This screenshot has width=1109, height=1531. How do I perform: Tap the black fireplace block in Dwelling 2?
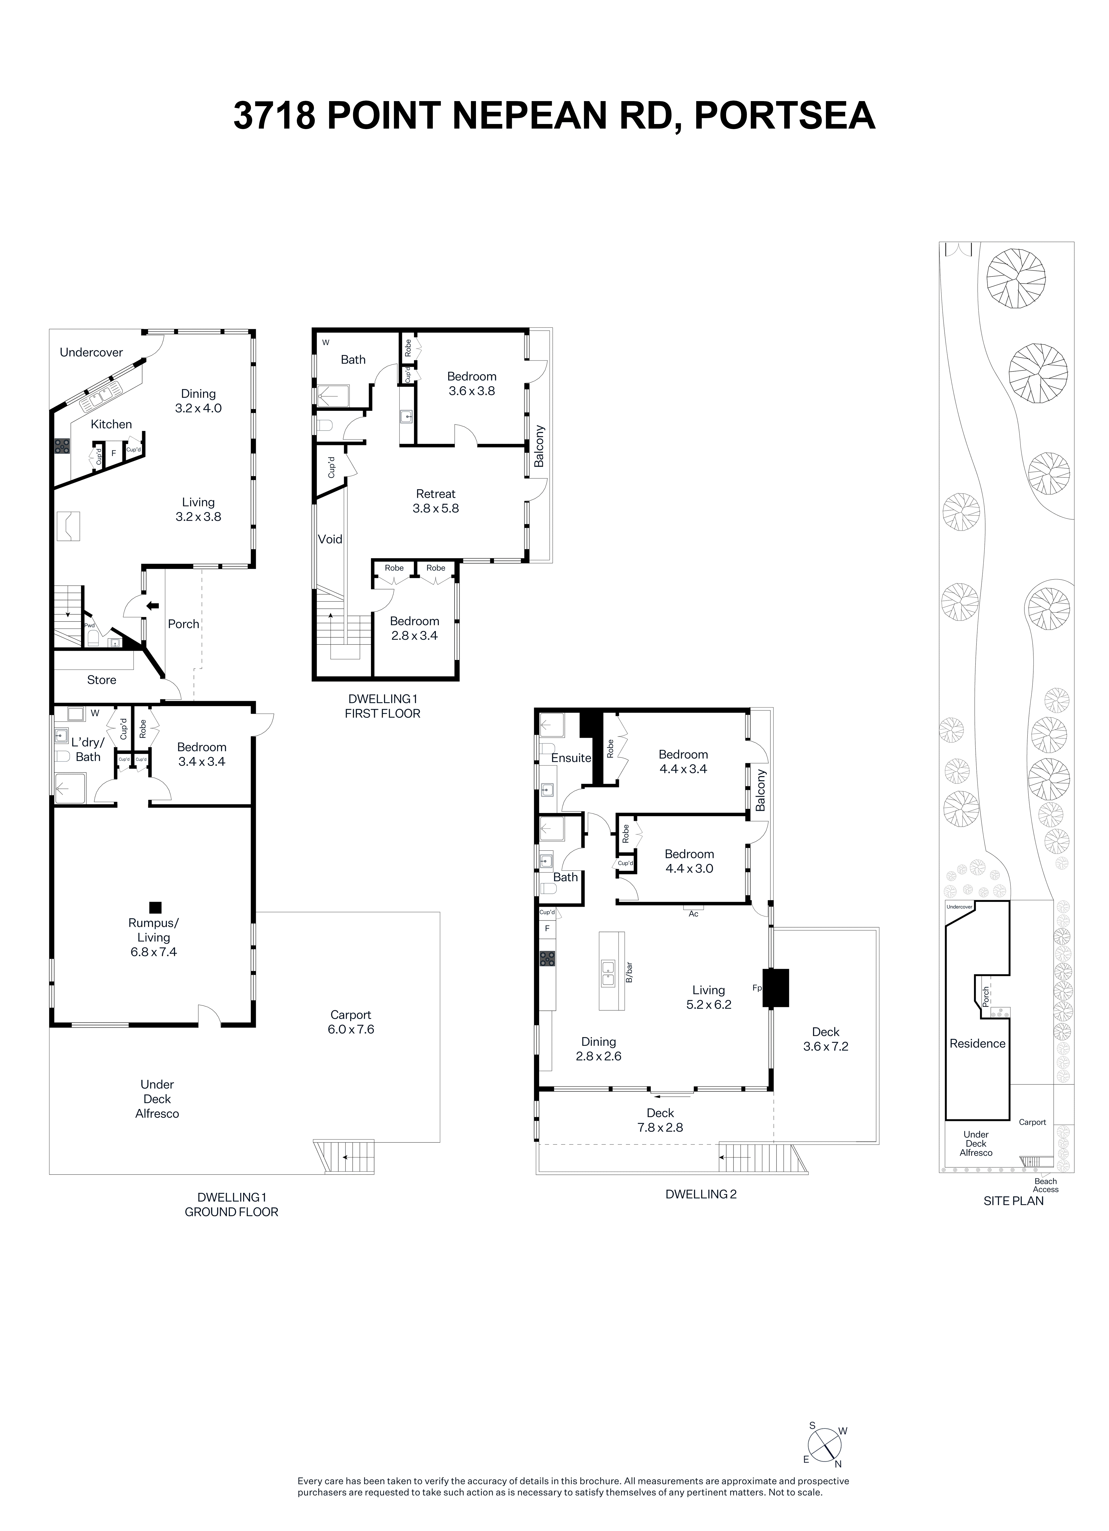pyautogui.click(x=776, y=988)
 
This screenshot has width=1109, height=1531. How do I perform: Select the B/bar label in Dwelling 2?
pyautogui.click(x=629, y=972)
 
